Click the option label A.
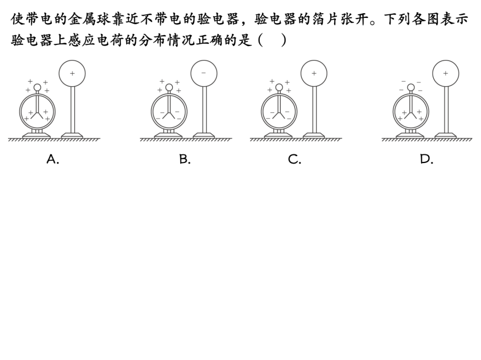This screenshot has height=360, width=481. [52, 160]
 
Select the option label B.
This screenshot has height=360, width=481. [184, 160]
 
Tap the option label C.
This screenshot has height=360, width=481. [294, 160]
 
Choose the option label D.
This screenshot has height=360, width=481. [426, 160]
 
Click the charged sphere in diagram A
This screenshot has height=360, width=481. [72, 73]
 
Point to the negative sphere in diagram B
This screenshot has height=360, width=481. [204, 73]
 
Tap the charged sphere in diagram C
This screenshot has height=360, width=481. [314, 73]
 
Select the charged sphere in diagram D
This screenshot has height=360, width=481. [445, 73]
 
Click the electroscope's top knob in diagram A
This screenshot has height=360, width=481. [37, 88]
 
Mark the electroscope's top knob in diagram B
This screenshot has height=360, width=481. [169, 88]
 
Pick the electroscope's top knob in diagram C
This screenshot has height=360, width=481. [279, 88]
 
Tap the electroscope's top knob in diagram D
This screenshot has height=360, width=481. [411, 88]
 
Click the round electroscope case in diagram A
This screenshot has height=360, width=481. [37, 112]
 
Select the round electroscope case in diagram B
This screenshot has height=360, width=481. [169, 112]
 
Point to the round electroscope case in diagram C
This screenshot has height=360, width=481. [279, 112]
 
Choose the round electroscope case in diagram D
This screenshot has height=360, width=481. [411, 112]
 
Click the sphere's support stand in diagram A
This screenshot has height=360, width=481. [72, 112]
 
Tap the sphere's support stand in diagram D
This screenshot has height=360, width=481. [445, 112]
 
